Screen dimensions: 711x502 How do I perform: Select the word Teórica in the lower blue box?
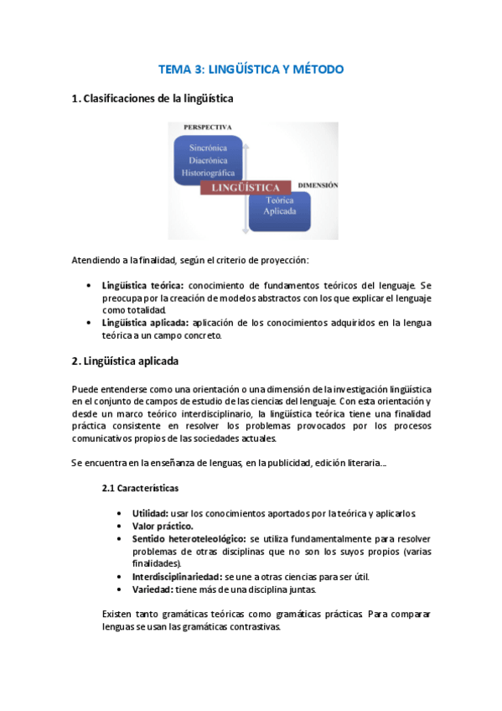[280, 200]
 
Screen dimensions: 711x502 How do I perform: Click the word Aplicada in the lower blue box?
[280, 213]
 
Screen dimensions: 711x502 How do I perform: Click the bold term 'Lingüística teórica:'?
[142, 285]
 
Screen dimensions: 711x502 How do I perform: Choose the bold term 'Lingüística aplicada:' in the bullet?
[145, 323]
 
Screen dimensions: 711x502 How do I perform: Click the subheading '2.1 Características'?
[140, 487]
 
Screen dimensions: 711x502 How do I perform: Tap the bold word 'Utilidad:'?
[149, 513]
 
